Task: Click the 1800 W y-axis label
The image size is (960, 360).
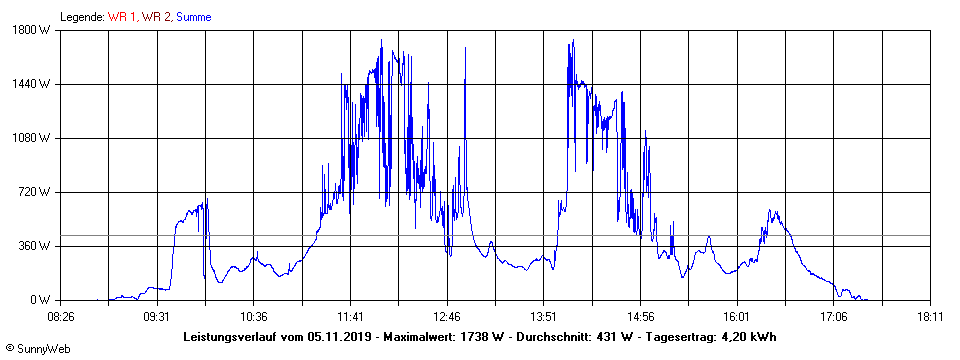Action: [x=33, y=30]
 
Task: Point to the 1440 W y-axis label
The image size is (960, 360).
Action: [x=33, y=84]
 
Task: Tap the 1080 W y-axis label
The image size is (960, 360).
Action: [x=33, y=138]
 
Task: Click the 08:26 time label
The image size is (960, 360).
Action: [x=60, y=316]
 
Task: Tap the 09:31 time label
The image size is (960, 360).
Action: [x=156, y=316]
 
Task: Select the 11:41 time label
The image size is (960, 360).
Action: [x=350, y=316]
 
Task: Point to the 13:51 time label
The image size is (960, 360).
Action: [x=543, y=316]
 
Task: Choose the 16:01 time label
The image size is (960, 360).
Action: [x=736, y=316]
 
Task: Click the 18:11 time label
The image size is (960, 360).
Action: [x=929, y=316]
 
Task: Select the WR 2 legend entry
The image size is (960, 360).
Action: [x=155, y=16]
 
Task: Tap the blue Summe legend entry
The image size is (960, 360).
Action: [x=193, y=16]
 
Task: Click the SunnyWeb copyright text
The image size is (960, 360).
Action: [x=39, y=349]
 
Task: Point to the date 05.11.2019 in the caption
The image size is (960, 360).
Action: [x=339, y=336]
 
